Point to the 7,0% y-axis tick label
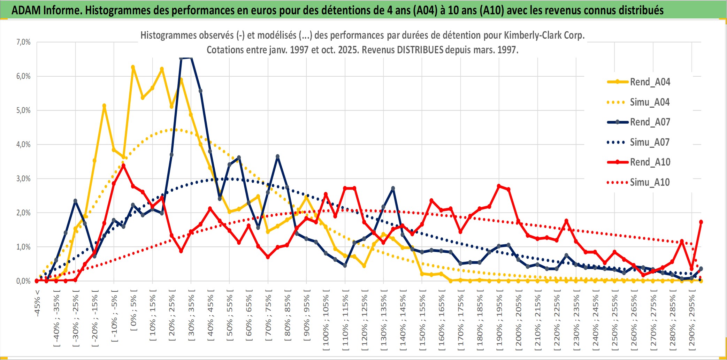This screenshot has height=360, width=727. tap(23, 42)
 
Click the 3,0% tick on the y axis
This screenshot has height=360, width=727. tap(23, 179)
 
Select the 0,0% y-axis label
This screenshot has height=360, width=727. tap(23, 281)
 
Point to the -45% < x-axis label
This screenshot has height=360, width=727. tap(37, 303)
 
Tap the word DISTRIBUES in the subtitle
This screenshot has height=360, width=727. tap(420, 50)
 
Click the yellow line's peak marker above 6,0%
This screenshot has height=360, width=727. tap(133, 67)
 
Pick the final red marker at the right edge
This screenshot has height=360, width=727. tap(701, 222)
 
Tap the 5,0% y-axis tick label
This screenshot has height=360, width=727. tap(23, 110)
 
